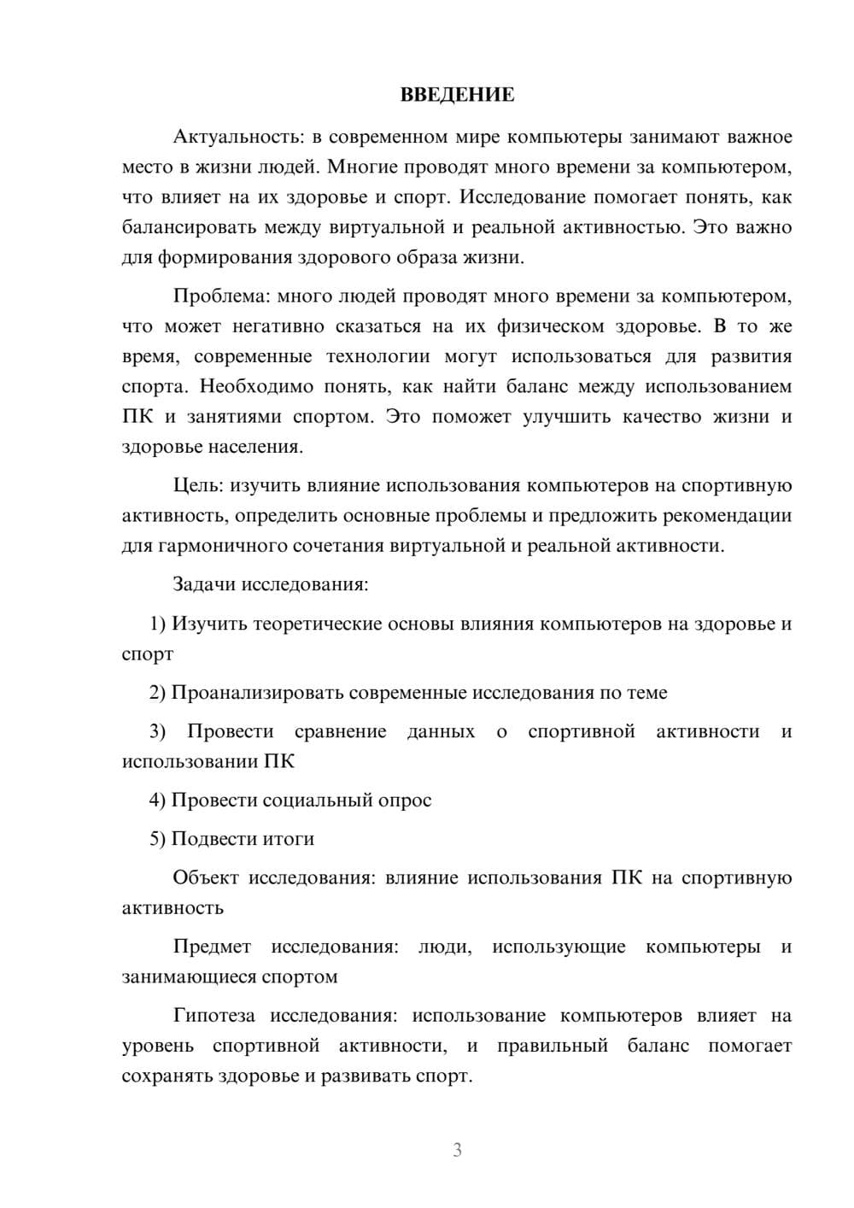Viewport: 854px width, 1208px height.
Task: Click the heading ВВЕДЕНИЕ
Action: point(457,95)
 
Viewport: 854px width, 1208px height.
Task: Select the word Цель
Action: point(197,485)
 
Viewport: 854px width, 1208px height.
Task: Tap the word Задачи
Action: point(205,585)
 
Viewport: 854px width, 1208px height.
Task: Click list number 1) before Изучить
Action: point(158,624)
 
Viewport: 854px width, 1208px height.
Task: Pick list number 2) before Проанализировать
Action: point(158,693)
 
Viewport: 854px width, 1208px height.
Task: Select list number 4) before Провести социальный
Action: point(158,800)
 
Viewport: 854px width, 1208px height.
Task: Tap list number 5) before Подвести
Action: point(158,839)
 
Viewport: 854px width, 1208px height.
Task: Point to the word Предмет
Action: point(212,947)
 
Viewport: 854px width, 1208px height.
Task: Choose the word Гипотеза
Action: point(213,1016)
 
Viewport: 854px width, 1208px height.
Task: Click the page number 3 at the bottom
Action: point(458,1150)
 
